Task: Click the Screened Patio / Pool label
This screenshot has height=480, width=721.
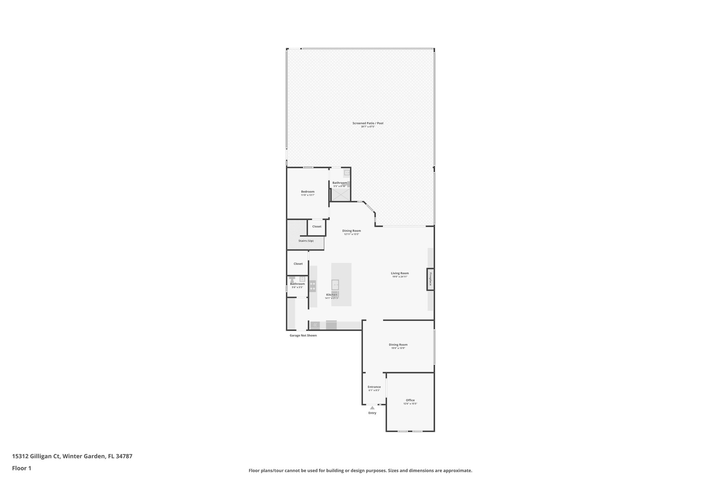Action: [x=368, y=123]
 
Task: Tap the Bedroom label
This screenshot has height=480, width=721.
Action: [x=308, y=192]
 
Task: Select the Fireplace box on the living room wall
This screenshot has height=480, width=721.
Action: [x=430, y=279]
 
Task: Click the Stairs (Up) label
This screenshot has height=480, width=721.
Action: [x=306, y=241]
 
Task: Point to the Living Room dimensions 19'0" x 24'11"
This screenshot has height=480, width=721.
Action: [x=400, y=277]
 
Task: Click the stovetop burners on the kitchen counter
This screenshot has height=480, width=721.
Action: [x=313, y=286]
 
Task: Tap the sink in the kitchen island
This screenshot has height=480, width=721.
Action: [x=335, y=284]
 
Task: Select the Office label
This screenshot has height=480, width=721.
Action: [x=410, y=400]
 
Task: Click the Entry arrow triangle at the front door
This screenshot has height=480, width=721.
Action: [x=372, y=408]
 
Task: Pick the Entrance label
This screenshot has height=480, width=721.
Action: [x=374, y=387]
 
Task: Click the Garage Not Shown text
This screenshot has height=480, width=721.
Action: [x=303, y=335]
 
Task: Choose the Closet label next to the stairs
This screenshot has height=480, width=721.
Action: [x=317, y=226]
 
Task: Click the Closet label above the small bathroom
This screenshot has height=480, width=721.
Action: [x=298, y=264]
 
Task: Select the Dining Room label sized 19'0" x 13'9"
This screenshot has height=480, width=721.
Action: [x=398, y=345]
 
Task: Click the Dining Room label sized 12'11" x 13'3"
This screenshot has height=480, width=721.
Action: [x=351, y=231]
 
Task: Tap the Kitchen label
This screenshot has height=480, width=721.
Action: [x=332, y=295]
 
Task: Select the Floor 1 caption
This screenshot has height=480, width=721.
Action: [x=22, y=468]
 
